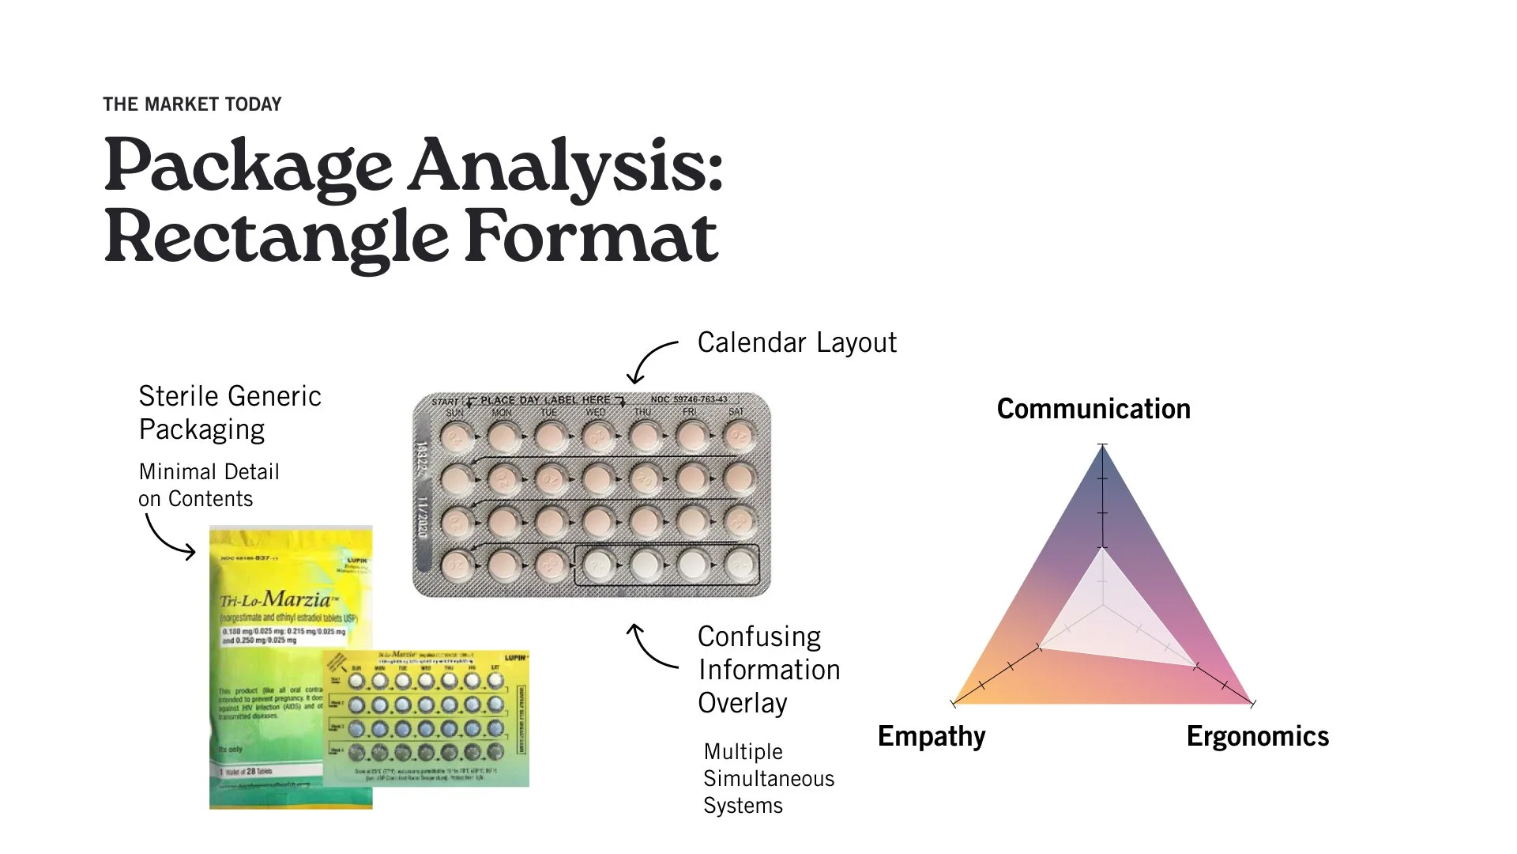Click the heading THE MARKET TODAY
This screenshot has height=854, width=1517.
click(x=192, y=104)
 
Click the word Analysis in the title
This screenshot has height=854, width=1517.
click(x=566, y=166)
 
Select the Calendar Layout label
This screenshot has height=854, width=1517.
click(x=796, y=342)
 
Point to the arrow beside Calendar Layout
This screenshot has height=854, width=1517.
click(x=652, y=362)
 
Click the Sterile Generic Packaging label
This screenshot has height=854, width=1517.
click(x=229, y=412)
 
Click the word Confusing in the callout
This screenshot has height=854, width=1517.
click(x=759, y=637)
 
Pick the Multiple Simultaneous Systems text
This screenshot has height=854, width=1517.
click(x=768, y=778)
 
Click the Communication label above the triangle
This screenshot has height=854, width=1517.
click(x=1094, y=409)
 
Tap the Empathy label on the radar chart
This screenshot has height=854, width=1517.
click(x=932, y=736)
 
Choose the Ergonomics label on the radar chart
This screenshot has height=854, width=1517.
click(x=1257, y=736)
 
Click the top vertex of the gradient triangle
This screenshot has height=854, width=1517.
click(x=1102, y=448)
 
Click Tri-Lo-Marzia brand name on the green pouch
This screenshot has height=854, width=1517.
click(x=276, y=599)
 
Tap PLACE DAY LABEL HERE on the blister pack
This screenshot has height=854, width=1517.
click(x=545, y=400)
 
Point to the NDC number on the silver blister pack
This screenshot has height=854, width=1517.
click(x=689, y=399)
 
